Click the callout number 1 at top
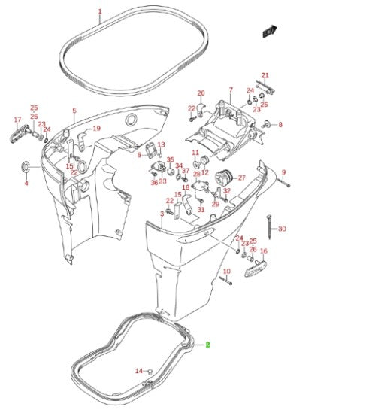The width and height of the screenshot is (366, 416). pos(100,12)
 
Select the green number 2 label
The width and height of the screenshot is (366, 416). pos(208,344)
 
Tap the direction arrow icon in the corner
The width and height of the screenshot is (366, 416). pos(268,31)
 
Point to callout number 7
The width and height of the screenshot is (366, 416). pos(231,89)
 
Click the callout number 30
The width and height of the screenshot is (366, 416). pos(282,229)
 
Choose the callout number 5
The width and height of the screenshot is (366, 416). pos(74,111)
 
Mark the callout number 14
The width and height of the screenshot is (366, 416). pos(138,371)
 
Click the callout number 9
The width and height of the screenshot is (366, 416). pos(284,172)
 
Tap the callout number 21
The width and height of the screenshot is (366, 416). pos(264,74)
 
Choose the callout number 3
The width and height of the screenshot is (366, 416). pos(162,214)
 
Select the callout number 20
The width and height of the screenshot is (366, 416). pos(201,93)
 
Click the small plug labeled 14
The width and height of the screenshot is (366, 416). pos(150,371)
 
